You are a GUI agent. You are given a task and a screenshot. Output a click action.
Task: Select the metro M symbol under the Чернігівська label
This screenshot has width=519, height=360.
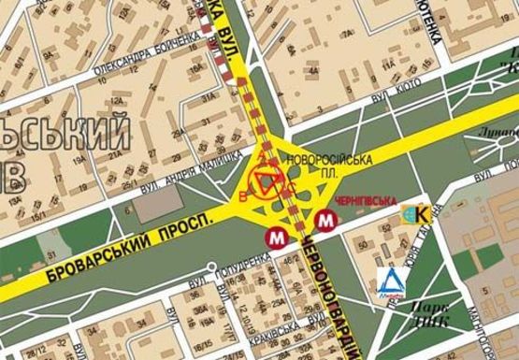(324, 222)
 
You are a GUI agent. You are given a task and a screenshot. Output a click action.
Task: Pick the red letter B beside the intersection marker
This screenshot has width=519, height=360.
(244, 196)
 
